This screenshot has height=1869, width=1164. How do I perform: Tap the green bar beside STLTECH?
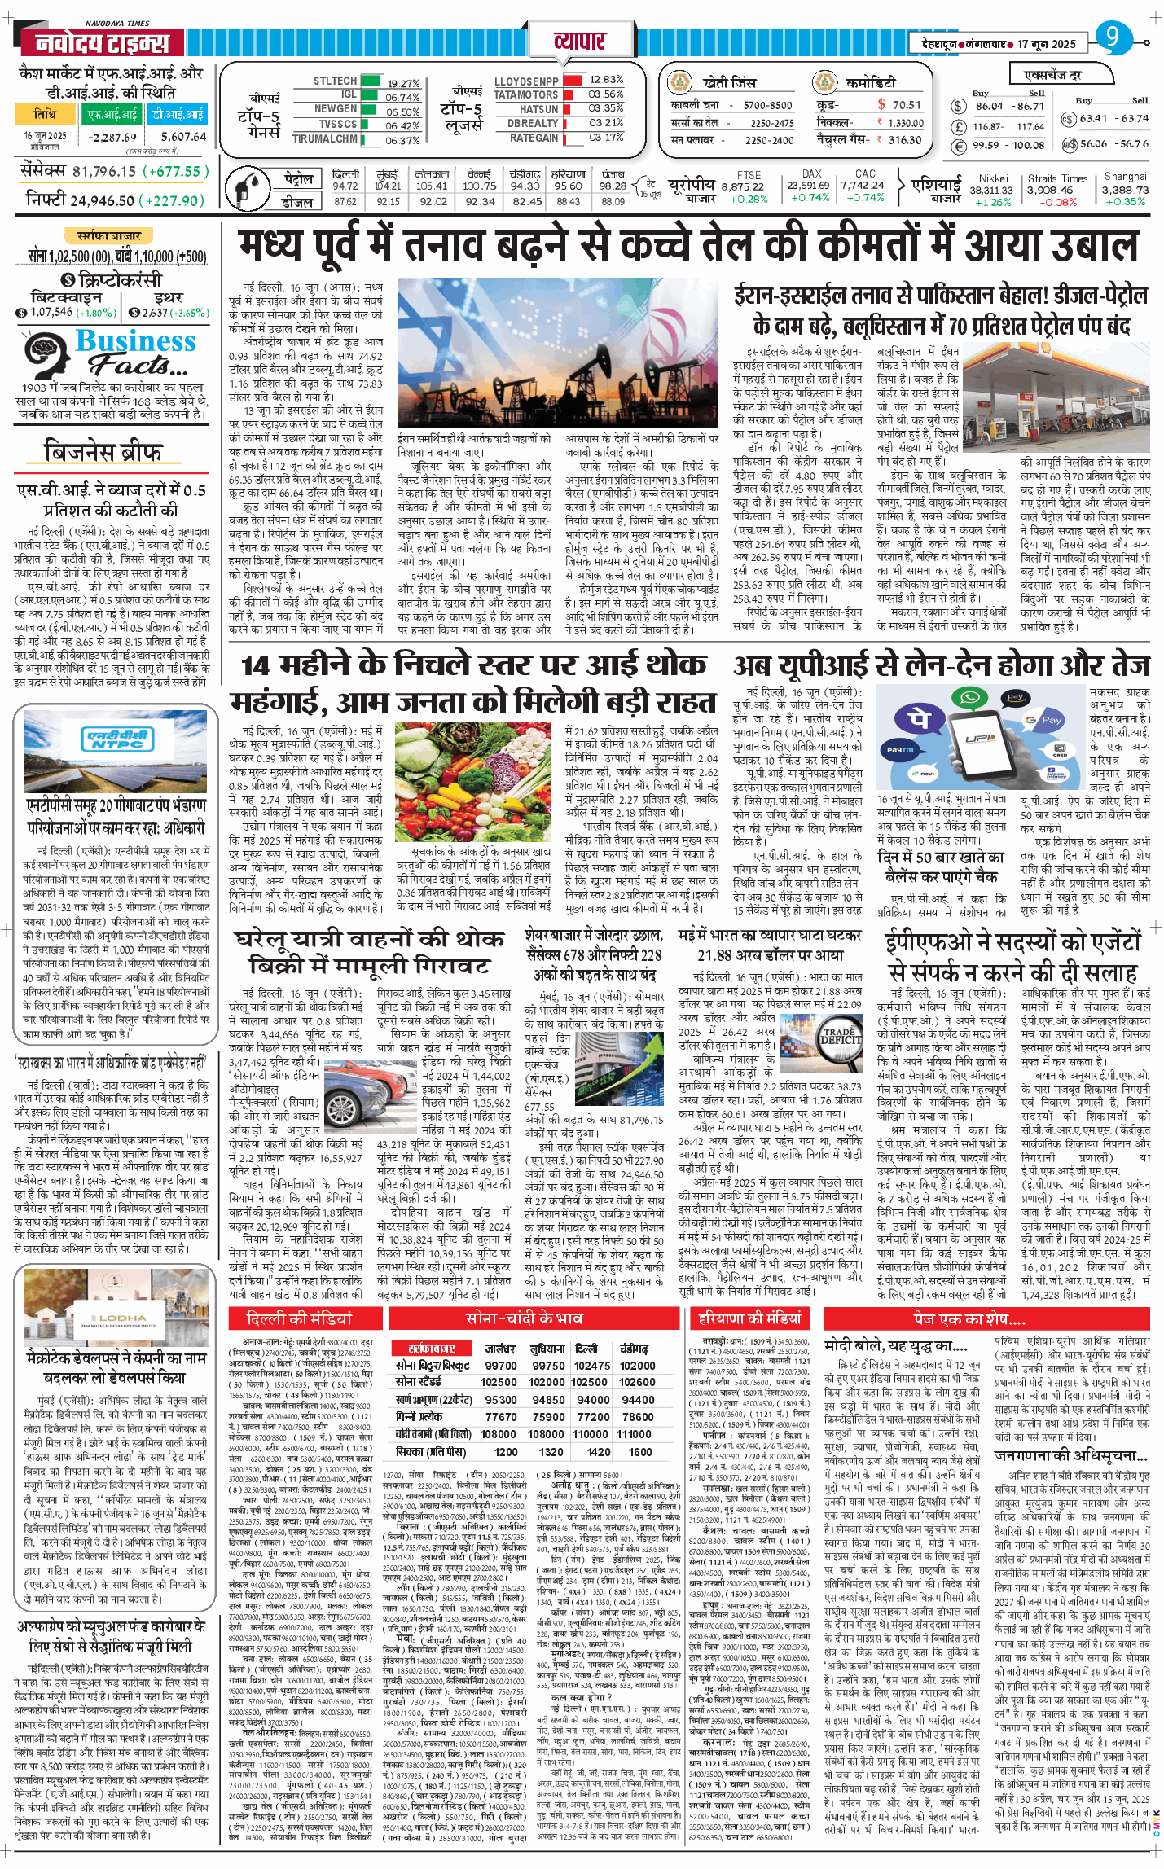click(371, 81)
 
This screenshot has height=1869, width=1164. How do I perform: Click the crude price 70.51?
click(906, 105)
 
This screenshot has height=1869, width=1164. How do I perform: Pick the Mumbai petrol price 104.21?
click(388, 186)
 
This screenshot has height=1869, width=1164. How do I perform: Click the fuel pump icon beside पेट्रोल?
click(244, 187)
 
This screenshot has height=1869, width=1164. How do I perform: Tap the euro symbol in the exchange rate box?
click(959, 146)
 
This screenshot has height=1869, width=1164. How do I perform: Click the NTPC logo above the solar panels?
click(118, 739)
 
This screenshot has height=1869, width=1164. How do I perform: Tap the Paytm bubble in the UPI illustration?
click(899, 748)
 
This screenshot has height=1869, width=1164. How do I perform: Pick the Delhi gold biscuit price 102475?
click(591, 1366)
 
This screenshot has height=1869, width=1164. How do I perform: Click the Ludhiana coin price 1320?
click(551, 1452)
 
